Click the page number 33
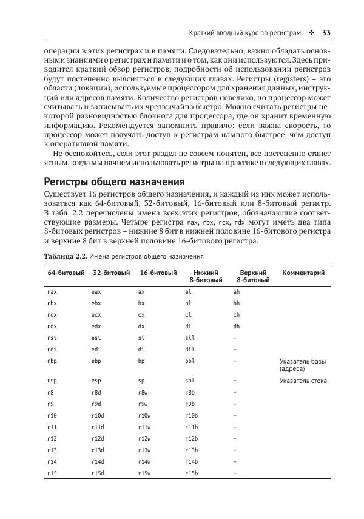pos(326,32)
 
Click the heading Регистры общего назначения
pos(115,181)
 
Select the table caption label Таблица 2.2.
pos(66,256)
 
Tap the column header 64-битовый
pos(66,273)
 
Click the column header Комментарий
pos(303,273)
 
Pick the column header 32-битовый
pos(112,273)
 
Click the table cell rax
pos(52,292)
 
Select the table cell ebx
pos(96,304)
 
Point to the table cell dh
pos(237,326)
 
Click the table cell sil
pos(190,338)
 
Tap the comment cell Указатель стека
pos(303,381)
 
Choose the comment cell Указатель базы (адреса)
pos(302,365)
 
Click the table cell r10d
pos(98,415)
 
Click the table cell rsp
pos(52,381)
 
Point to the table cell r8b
pos(190,393)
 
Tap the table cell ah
pos(237,292)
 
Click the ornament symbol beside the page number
pos(312,32)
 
